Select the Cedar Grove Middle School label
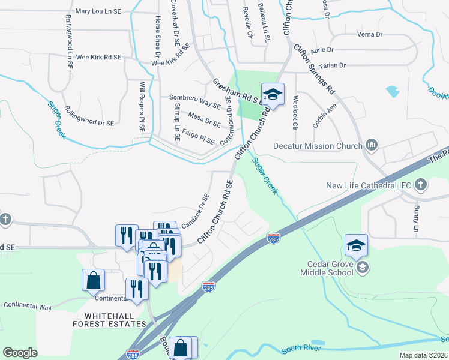pyautogui.click(x=328, y=268)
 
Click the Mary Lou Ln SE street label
pyautogui.click(x=100, y=11)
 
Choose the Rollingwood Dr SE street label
pyautogui.click(x=89, y=122)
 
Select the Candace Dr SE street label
pyautogui.click(x=196, y=211)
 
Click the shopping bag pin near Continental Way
pyautogui.click(x=94, y=280)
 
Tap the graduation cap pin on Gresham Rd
pyautogui.click(x=273, y=95)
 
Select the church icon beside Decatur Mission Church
pyautogui.click(x=372, y=145)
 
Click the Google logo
pyautogui.click(x=20, y=353)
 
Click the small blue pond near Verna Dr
pyautogui.click(x=393, y=91)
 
